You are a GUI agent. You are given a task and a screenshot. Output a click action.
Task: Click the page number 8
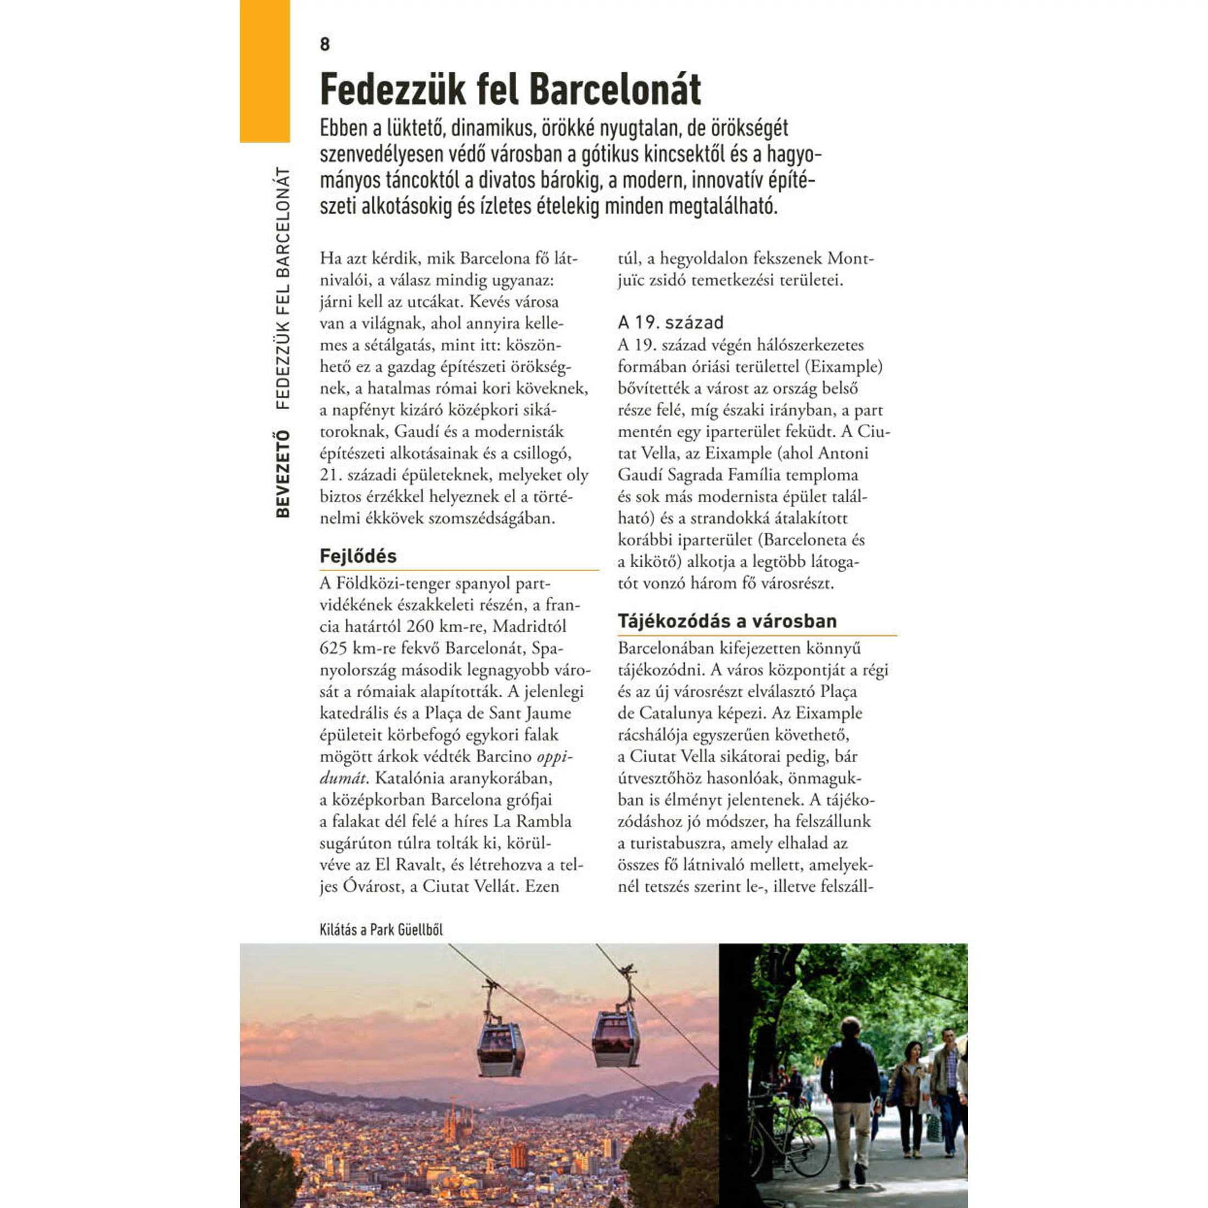pyautogui.click(x=325, y=44)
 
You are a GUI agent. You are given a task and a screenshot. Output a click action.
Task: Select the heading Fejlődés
pyautogui.click(x=357, y=556)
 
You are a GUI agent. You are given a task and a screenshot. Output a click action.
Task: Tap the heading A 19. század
pyautogui.click(x=670, y=323)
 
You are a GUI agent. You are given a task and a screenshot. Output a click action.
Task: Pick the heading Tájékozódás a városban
pyautogui.click(x=726, y=621)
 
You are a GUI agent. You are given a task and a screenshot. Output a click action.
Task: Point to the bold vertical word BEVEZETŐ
pyautogui.click(x=283, y=474)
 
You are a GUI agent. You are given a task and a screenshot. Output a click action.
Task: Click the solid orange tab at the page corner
pyautogui.click(x=265, y=71)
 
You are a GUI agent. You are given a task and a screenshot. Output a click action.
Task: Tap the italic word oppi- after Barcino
pyautogui.click(x=555, y=757)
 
